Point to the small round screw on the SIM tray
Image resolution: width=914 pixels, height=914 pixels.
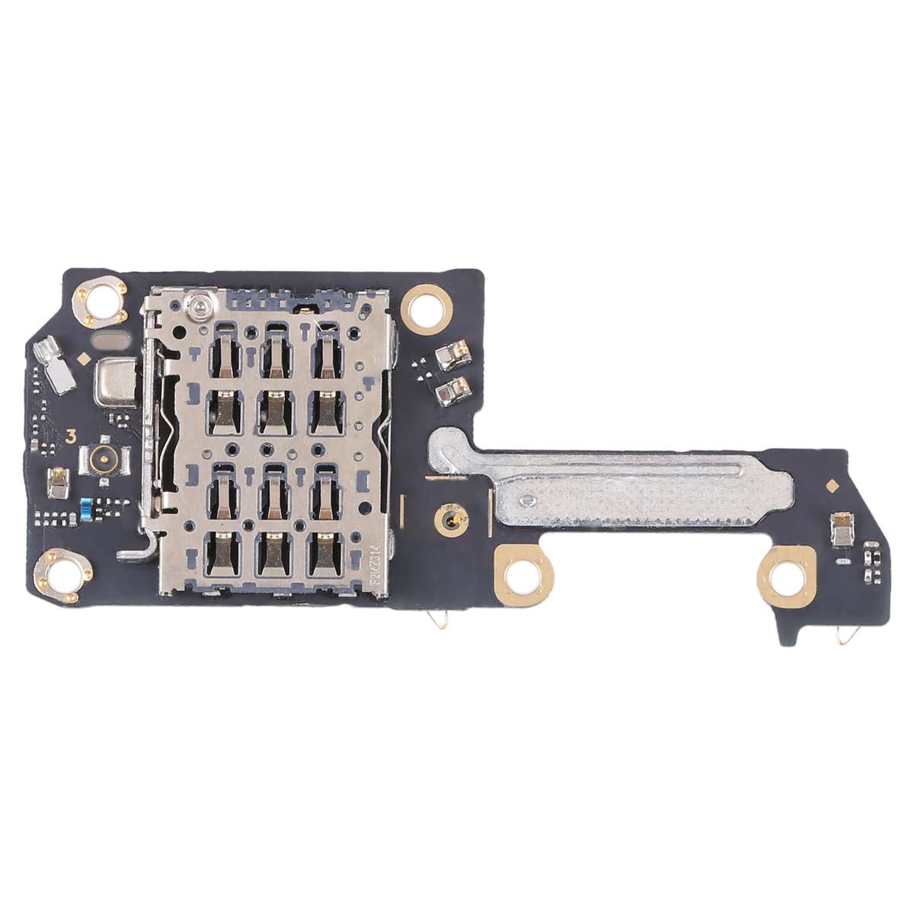coord(200,305)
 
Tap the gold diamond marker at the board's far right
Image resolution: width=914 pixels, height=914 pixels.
coord(832,484)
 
